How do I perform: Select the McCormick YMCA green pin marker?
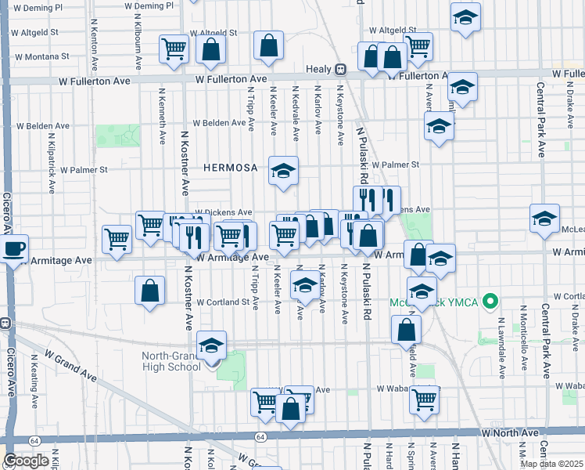[x=490, y=301]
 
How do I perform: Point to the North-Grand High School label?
[x=170, y=361]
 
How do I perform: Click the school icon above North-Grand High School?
[x=211, y=345]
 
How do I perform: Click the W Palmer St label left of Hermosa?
[x=81, y=170]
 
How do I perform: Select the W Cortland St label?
[x=222, y=302]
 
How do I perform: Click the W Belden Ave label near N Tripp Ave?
[x=220, y=123]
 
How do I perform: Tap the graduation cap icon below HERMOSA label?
[x=283, y=172]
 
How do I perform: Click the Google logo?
[x=26, y=461]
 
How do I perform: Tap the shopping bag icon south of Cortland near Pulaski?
[x=407, y=330]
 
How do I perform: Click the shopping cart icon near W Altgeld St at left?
[x=174, y=49]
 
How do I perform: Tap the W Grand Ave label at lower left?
[x=70, y=367]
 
